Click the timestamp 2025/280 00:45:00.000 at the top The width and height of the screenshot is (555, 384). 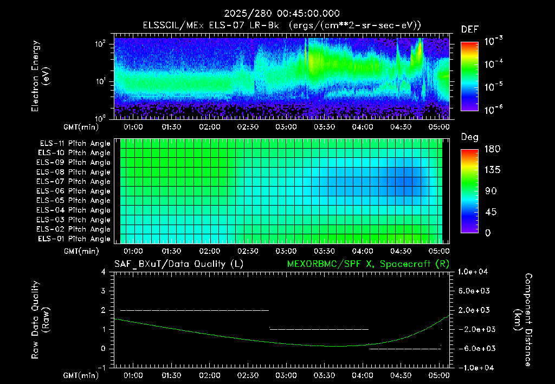click(x=282, y=14)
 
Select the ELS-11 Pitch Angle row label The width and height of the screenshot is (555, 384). click(x=75, y=144)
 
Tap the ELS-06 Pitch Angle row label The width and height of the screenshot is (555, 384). click(x=73, y=191)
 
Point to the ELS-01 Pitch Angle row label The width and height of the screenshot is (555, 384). click(x=74, y=239)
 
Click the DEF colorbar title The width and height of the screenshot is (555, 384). click(x=470, y=29)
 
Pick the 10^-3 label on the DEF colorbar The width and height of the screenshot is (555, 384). click(x=493, y=41)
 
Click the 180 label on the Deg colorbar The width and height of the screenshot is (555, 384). click(x=492, y=149)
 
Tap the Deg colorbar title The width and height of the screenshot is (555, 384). click(x=470, y=137)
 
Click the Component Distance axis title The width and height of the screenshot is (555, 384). click(x=523, y=319)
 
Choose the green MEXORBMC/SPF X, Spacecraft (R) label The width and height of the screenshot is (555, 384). click(x=368, y=264)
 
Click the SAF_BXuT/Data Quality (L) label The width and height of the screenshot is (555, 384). click(x=179, y=264)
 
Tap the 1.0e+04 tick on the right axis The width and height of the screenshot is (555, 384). click(x=473, y=272)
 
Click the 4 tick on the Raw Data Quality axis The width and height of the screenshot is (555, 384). click(x=103, y=272)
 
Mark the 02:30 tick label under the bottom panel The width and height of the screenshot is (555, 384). click(x=248, y=375)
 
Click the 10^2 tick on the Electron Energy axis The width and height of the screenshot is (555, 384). click(x=100, y=44)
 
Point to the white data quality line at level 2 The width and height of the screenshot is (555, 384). click(x=195, y=310)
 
